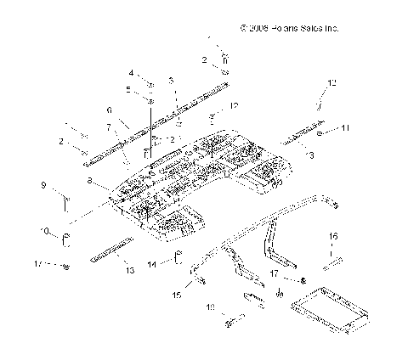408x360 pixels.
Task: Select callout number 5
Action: point(128,89)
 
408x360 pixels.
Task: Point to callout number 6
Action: point(110,110)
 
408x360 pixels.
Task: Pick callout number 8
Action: point(90,181)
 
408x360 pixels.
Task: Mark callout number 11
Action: point(345,129)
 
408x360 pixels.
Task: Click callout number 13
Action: point(130,270)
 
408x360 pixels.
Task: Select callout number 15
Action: point(177,295)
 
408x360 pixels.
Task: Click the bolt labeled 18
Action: point(234,321)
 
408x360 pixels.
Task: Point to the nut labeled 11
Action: point(320,133)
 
